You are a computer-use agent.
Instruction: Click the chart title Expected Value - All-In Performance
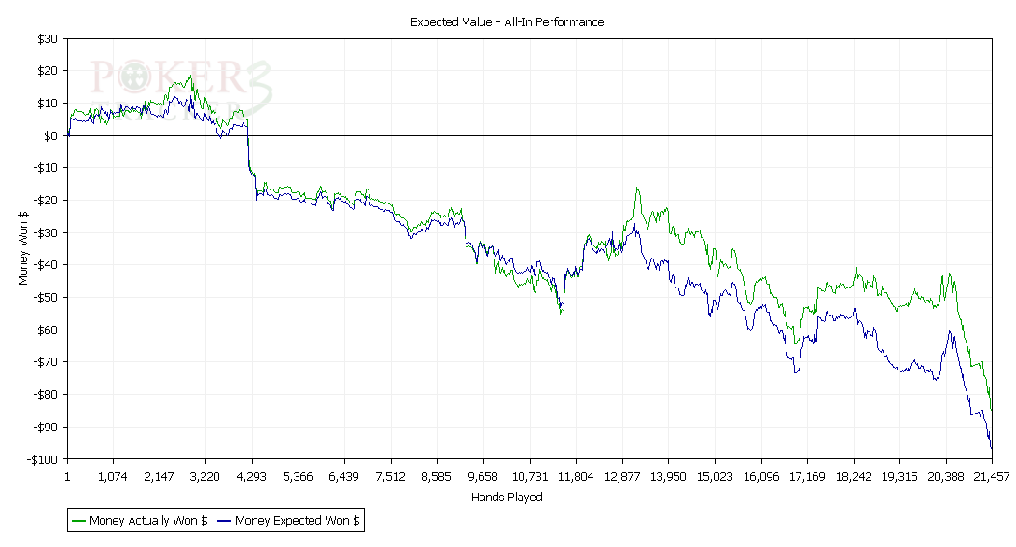[x=507, y=21]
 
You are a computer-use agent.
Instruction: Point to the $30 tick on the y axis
[x=48, y=39]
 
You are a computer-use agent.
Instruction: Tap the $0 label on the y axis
[x=51, y=136]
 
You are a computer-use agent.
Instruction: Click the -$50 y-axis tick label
[x=46, y=298]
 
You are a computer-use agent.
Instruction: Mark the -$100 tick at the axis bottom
[x=43, y=459]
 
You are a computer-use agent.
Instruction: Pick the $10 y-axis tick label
[x=48, y=104]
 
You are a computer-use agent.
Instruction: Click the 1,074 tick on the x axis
[x=113, y=476]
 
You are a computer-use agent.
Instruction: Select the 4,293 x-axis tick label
[x=251, y=476]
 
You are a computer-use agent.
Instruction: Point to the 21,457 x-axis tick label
[x=991, y=476]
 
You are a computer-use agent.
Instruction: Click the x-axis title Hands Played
[x=507, y=498]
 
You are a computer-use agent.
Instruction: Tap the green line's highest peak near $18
[x=190, y=77]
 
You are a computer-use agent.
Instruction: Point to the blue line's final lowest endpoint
[x=991, y=448]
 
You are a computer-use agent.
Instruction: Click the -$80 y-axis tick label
[x=46, y=395]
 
